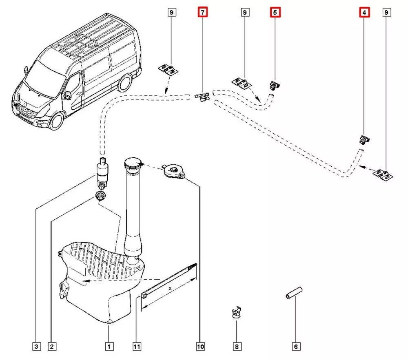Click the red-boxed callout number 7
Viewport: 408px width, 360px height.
[202, 13]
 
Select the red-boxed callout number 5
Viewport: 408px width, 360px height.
[275, 13]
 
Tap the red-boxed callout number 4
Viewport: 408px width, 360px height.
[364, 13]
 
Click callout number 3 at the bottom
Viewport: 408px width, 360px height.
[36, 347]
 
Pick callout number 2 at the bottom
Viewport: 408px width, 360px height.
[51, 347]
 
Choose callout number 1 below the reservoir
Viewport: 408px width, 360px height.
[109, 347]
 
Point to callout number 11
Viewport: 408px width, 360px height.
[137, 347]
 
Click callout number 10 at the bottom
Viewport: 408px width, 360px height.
[200, 347]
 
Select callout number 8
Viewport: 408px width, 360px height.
[236, 347]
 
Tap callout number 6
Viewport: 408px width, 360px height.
[296, 347]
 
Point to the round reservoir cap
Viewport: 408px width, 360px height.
[173, 171]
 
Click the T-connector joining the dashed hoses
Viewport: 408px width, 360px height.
[202, 97]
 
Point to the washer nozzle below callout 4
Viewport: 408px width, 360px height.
[364, 140]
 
